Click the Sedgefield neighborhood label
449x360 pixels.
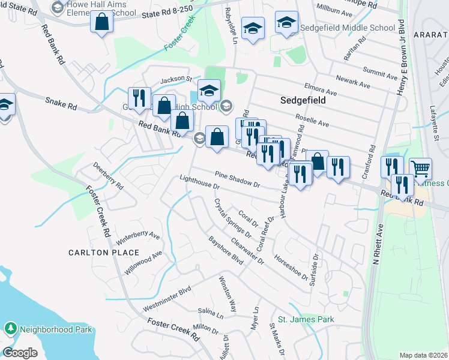(x=303, y=100)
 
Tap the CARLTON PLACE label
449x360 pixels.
(x=104, y=253)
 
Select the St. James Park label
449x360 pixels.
(x=306, y=319)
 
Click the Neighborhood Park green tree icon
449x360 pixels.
(x=11, y=329)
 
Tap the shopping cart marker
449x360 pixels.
(x=420, y=169)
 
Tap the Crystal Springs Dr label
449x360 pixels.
(x=232, y=218)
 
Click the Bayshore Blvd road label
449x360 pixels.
(x=226, y=251)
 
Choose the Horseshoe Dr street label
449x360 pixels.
(x=290, y=267)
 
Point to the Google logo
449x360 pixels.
(x=20, y=353)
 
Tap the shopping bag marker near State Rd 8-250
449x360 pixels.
(x=102, y=22)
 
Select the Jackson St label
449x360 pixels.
(x=175, y=79)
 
